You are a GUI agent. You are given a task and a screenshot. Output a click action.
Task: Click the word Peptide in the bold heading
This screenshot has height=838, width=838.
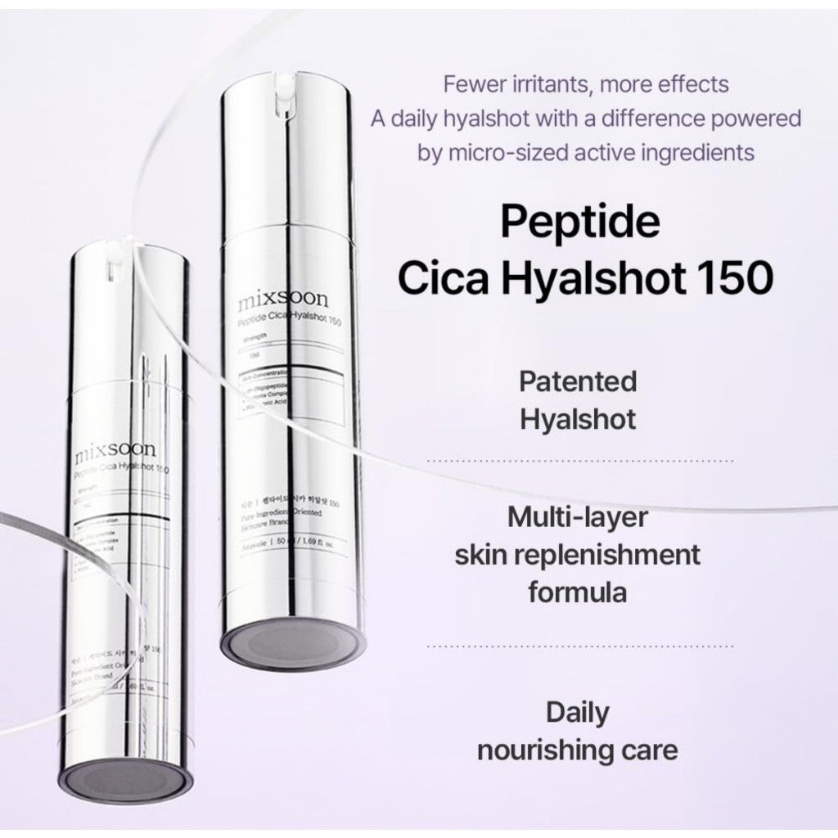point(579,223)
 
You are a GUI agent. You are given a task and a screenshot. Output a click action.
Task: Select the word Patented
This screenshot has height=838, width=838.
point(578,381)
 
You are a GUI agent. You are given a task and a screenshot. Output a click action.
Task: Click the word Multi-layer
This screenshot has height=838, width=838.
point(578,517)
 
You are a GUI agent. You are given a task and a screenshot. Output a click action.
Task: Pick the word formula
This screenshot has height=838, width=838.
point(578,591)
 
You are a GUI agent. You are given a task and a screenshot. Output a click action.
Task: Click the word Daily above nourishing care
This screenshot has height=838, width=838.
point(578,713)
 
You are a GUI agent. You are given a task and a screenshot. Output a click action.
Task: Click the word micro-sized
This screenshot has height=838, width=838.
point(506,152)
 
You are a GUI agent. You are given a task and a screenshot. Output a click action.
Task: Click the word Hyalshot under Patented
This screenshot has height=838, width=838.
point(578,419)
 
